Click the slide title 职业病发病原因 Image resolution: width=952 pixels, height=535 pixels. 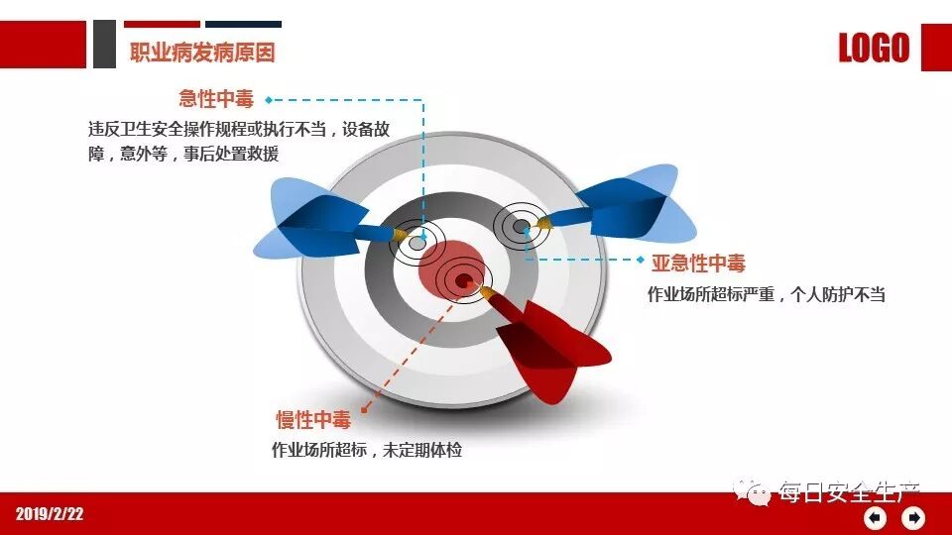point(202,53)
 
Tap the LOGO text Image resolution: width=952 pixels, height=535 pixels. point(874,48)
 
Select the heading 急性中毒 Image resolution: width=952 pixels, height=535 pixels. point(216,99)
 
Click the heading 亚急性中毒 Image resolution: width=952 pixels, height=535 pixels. point(698,263)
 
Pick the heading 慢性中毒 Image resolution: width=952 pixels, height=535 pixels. point(313,419)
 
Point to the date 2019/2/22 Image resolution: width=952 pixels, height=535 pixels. point(50,514)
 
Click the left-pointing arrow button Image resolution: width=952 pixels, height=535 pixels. point(875,517)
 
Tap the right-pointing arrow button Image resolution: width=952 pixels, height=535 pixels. point(913,517)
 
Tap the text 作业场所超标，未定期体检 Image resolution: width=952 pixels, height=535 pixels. point(367,450)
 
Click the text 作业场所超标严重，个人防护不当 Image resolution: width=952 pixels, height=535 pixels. point(767,295)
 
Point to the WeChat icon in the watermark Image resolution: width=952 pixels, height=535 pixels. point(752,491)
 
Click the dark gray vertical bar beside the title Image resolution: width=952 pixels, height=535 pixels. point(104,45)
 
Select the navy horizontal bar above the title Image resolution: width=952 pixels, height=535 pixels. point(244,24)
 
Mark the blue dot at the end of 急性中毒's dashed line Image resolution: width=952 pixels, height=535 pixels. point(269,100)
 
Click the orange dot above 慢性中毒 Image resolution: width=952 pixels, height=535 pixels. point(365,409)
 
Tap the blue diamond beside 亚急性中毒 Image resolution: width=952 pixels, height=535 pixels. point(641,260)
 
